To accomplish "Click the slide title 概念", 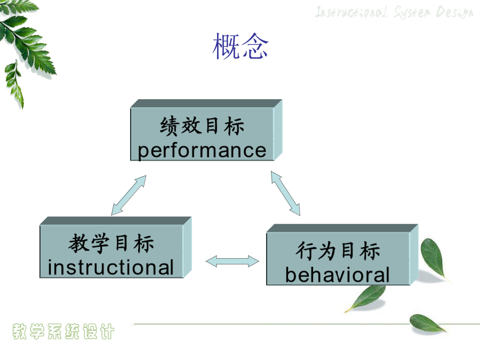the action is click(x=241, y=46).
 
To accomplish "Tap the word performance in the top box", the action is click(x=202, y=150).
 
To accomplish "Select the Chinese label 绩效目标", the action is click(x=202, y=126).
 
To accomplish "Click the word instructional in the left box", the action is click(x=110, y=267).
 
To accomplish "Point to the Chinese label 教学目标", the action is click(x=111, y=243).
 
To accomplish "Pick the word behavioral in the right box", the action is click(x=337, y=275).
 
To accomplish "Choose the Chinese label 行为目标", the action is click(x=338, y=251).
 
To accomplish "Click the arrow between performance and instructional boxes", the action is click(x=129, y=195).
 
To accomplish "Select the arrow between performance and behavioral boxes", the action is click(x=285, y=194).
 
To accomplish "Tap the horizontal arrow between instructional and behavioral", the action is click(x=232, y=261).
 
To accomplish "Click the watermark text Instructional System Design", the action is click(x=394, y=12).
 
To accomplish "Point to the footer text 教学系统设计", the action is click(x=63, y=331).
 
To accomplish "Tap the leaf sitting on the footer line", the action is click(x=427, y=323).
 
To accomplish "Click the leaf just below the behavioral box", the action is click(x=366, y=298).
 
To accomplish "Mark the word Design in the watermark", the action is click(x=455, y=13).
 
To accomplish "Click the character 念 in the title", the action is click(x=255, y=46).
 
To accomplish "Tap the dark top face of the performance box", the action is click(x=206, y=103).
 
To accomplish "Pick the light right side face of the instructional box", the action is click(x=187, y=247).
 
